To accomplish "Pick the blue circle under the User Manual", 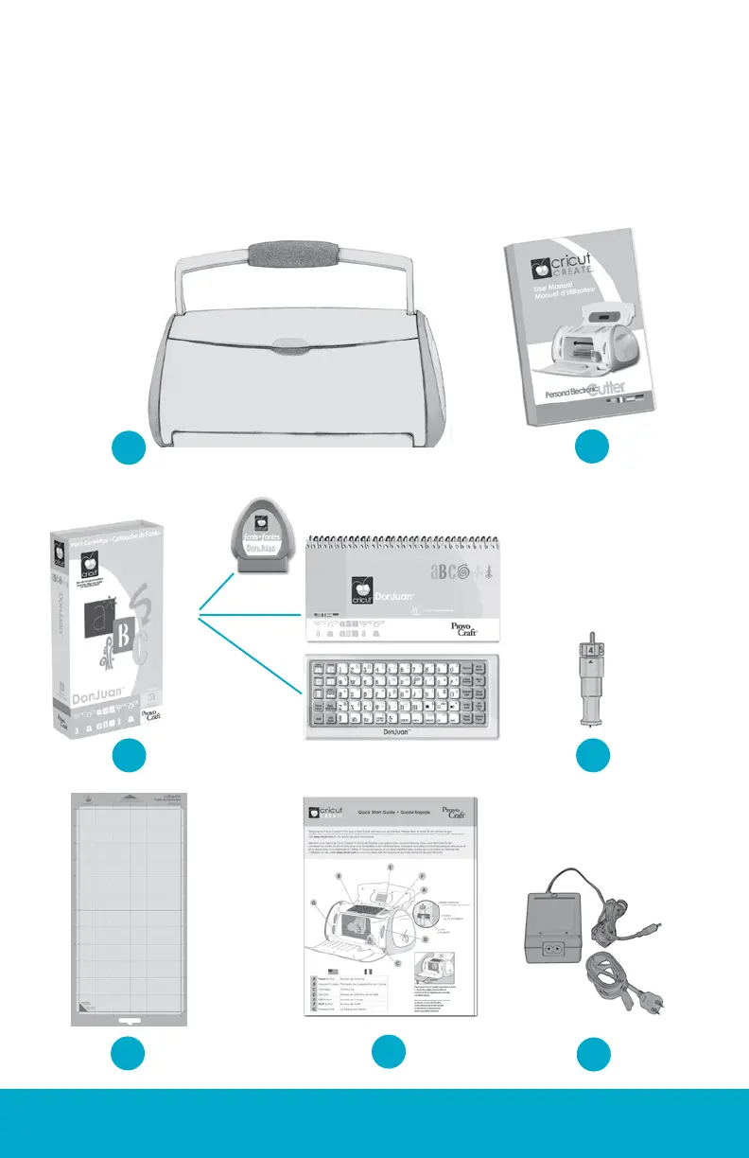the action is [x=593, y=447].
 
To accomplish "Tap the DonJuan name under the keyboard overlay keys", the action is [x=400, y=730].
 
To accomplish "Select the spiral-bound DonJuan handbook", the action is [x=400, y=598].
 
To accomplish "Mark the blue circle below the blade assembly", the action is [x=593, y=755].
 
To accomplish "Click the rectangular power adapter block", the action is [x=565, y=922].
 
